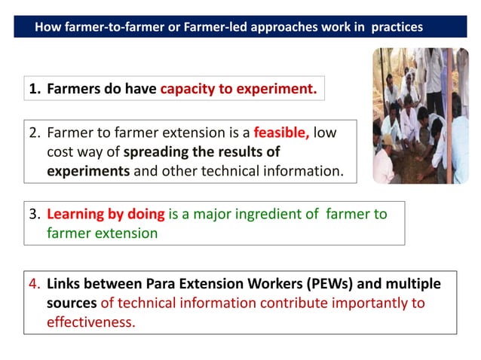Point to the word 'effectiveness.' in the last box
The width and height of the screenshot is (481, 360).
coord(90,321)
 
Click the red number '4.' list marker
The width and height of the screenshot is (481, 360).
coord(35,284)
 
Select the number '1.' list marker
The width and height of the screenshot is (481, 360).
coord(35,89)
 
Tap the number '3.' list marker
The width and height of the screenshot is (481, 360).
coord(35,214)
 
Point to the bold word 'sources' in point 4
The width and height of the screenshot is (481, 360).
coord(72,303)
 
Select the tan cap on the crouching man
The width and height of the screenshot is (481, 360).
coord(390,140)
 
